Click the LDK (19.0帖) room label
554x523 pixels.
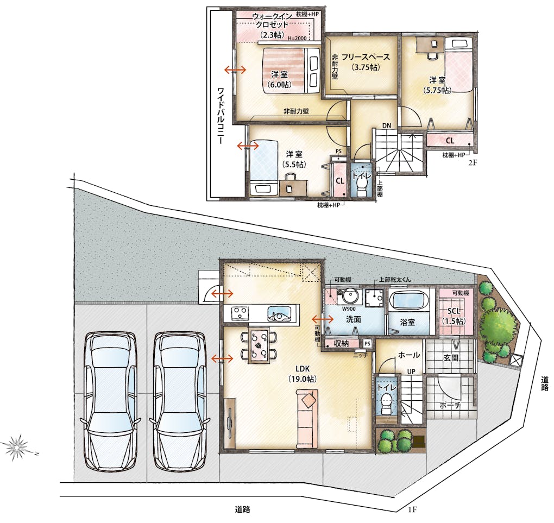(303, 374)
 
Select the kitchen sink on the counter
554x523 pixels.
(280, 313)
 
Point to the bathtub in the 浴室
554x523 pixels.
(409, 301)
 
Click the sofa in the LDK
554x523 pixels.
(307, 418)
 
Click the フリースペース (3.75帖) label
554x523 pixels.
(366, 62)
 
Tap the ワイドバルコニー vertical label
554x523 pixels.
(221, 116)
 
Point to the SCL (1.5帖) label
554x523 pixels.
(454, 316)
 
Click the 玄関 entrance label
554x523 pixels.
(451, 357)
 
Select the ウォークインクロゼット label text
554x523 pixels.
(272, 21)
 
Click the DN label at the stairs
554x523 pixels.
(386, 125)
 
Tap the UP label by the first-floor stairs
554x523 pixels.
(411, 372)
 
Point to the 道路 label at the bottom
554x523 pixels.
(242, 509)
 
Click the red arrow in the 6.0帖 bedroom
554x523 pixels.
(236, 70)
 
